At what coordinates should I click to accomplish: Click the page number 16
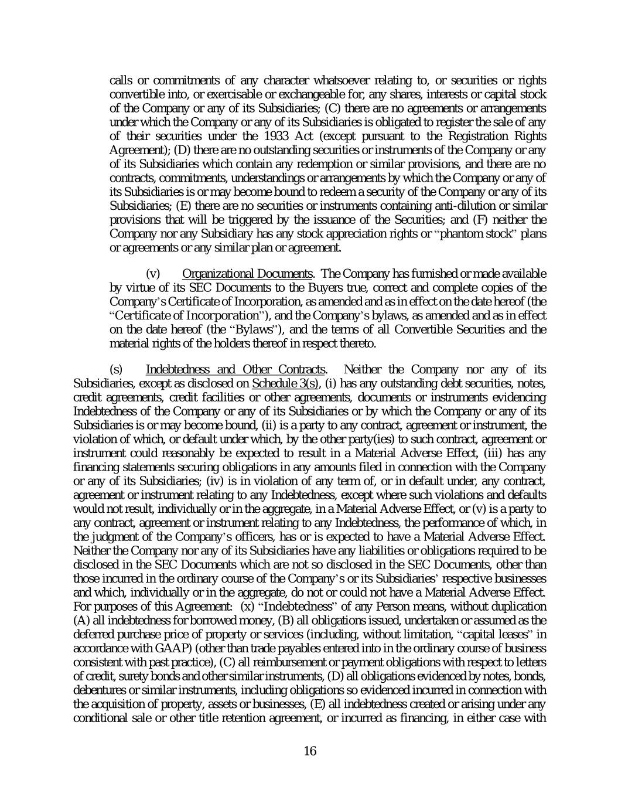(x=310, y=751)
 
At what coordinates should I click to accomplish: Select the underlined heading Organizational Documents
(x=247, y=274)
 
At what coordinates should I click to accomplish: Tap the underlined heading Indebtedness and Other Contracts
(x=235, y=369)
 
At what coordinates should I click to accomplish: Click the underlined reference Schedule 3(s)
(x=285, y=383)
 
